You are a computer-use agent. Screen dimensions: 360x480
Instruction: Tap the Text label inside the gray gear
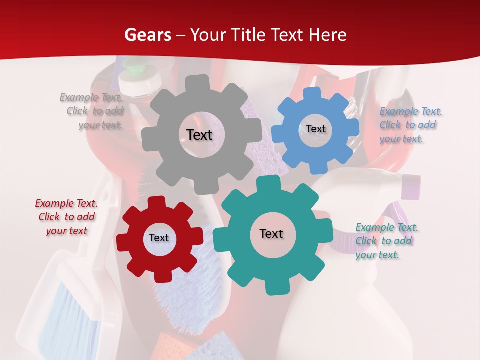point(199,135)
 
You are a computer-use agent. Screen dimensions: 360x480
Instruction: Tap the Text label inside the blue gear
point(315,129)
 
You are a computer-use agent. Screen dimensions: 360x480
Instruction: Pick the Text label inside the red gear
point(158,238)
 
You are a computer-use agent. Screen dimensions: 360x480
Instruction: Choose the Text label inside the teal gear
point(271,233)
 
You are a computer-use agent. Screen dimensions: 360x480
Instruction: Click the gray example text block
point(92,111)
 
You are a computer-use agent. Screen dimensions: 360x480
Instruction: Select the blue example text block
point(410,125)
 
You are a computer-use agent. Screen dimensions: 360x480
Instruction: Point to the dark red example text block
point(66,217)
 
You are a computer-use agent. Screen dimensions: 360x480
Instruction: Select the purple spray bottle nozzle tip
point(412,186)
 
